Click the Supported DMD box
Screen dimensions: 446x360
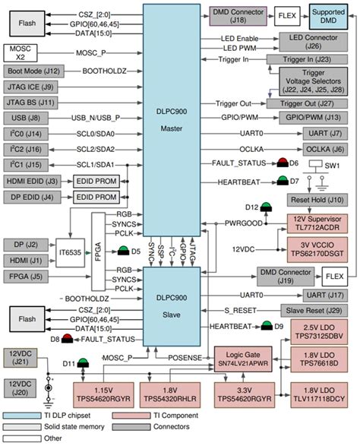(329, 14)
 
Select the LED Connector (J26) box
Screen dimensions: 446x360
(309, 42)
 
